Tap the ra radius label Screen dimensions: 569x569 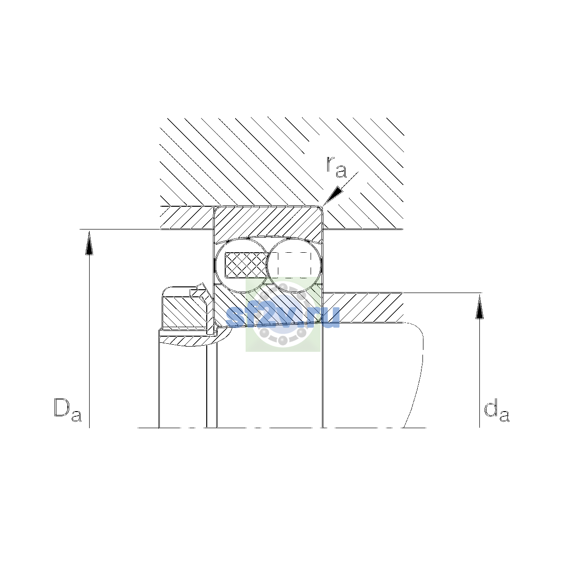coord(336,167)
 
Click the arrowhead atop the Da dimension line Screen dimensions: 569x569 coord(89,243)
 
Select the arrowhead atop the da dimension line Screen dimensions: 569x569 coord(479,307)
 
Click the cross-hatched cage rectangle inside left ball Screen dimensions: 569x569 coord(246,265)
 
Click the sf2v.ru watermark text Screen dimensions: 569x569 coord(283,317)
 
